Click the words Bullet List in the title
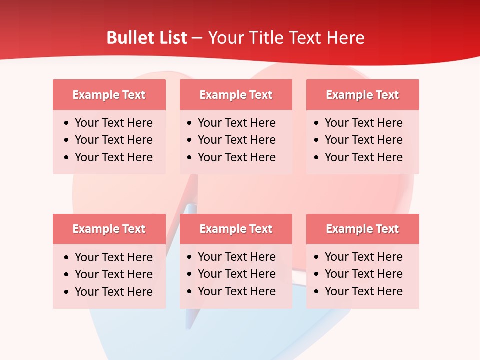[x=147, y=38]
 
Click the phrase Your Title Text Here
[x=286, y=38]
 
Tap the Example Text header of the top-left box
[x=109, y=95]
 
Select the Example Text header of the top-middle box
[x=236, y=95]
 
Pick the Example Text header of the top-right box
[x=362, y=95]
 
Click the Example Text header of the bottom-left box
[x=109, y=229]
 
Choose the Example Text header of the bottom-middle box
[x=236, y=229]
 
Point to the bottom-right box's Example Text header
[x=362, y=229]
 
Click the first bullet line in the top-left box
[x=113, y=123]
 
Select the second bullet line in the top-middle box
[x=236, y=140]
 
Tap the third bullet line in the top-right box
[x=363, y=157]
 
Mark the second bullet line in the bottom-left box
[x=113, y=274]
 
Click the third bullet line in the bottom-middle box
[x=236, y=291]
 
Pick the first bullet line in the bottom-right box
[x=363, y=257]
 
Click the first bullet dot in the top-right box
[x=316, y=123]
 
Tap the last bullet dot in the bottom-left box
[x=66, y=292]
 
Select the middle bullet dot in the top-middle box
[x=189, y=140]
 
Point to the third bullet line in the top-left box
[x=113, y=157]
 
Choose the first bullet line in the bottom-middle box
[x=236, y=257]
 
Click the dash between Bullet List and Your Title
[x=197, y=38]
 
